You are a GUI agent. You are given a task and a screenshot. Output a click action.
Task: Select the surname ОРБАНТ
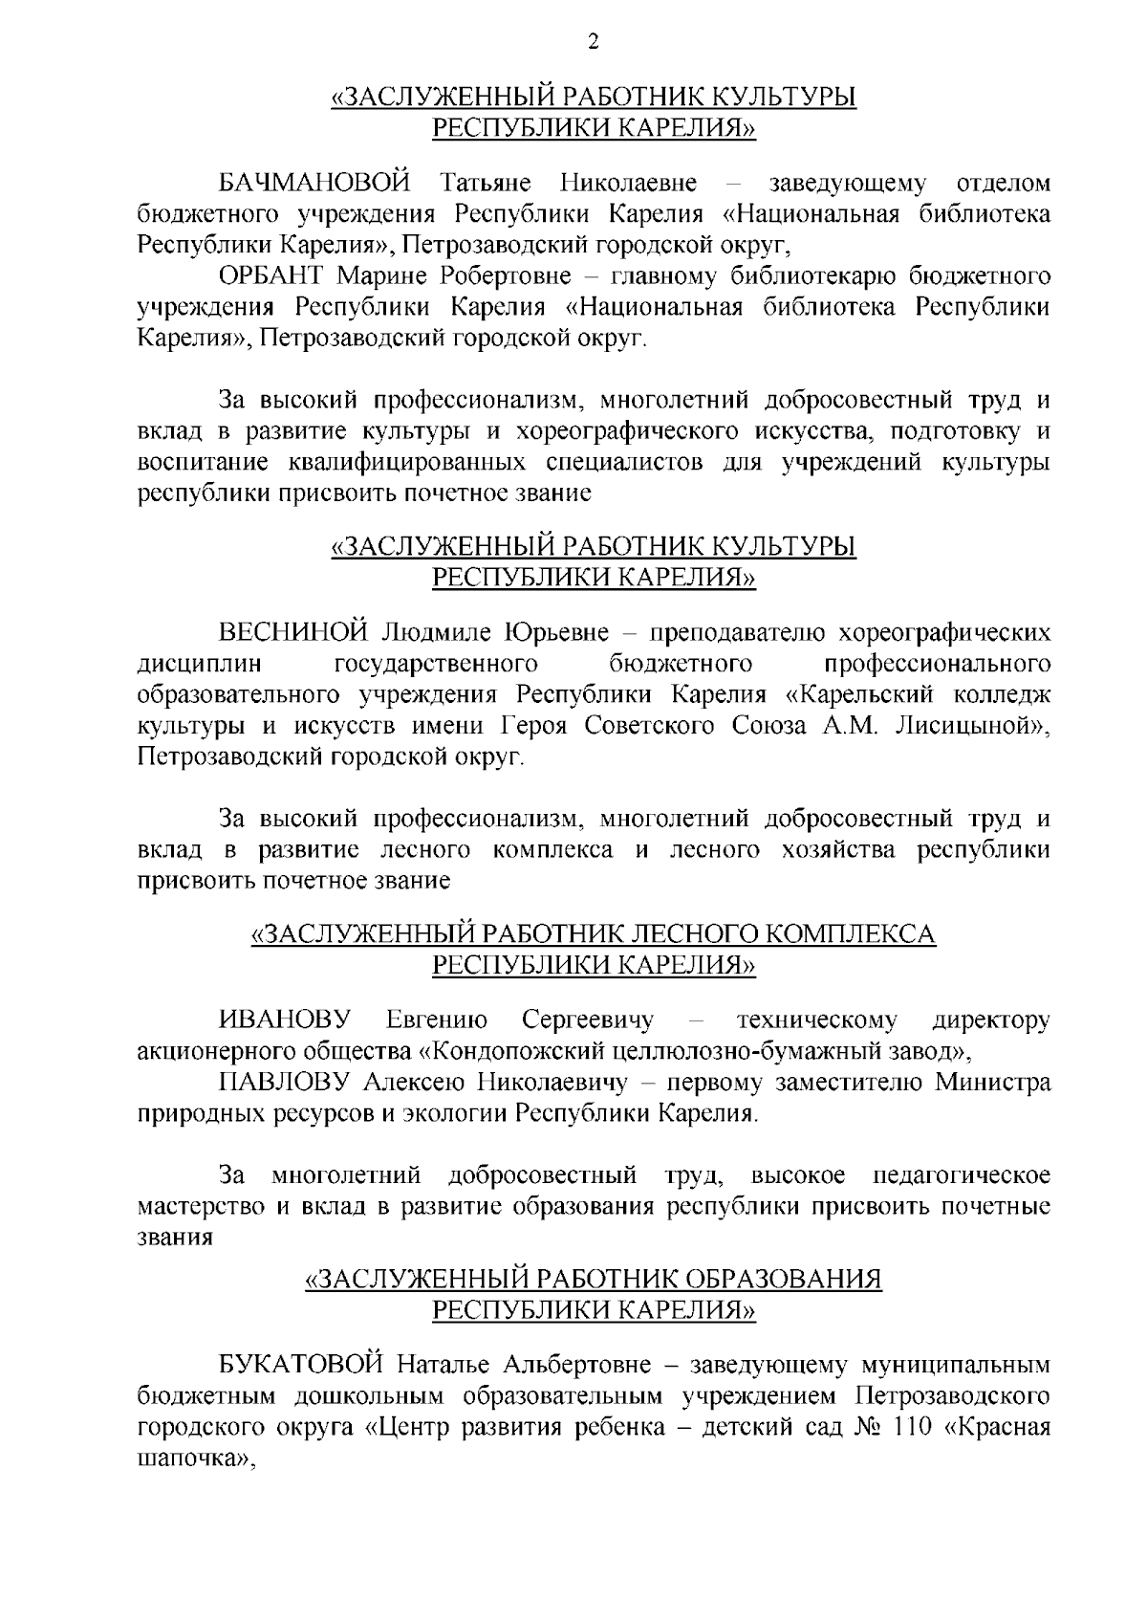point(272,276)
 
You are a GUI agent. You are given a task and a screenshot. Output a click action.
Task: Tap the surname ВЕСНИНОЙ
point(293,633)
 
